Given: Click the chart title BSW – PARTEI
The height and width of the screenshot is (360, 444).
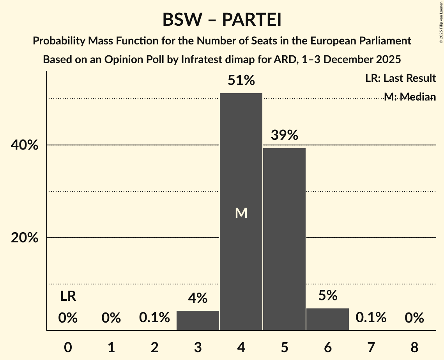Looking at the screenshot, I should [x=222, y=19].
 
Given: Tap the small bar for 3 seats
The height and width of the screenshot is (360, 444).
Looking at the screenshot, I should [x=198, y=321].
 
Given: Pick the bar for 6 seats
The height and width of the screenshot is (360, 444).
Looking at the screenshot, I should [x=327, y=319].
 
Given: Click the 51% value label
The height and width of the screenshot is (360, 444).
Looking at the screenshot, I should [x=241, y=81].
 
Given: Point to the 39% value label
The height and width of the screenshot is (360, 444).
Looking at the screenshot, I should [x=284, y=135].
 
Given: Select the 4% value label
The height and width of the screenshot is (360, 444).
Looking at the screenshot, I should [x=198, y=298].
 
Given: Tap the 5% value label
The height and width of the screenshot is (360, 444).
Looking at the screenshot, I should [x=327, y=296].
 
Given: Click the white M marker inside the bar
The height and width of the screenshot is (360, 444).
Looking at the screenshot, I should [x=241, y=213].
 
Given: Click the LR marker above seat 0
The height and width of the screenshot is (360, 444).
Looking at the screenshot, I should [x=68, y=297].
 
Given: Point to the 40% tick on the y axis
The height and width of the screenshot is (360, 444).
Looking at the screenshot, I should [x=25, y=145].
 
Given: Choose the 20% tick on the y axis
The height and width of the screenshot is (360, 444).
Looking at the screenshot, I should [x=25, y=238].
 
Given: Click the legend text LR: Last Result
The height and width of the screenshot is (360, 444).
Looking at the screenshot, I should [x=400, y=78].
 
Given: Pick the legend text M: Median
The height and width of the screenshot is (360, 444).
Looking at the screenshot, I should [x=409, y=97].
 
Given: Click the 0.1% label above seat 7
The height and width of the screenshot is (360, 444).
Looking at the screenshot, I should [x=371, y=318].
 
